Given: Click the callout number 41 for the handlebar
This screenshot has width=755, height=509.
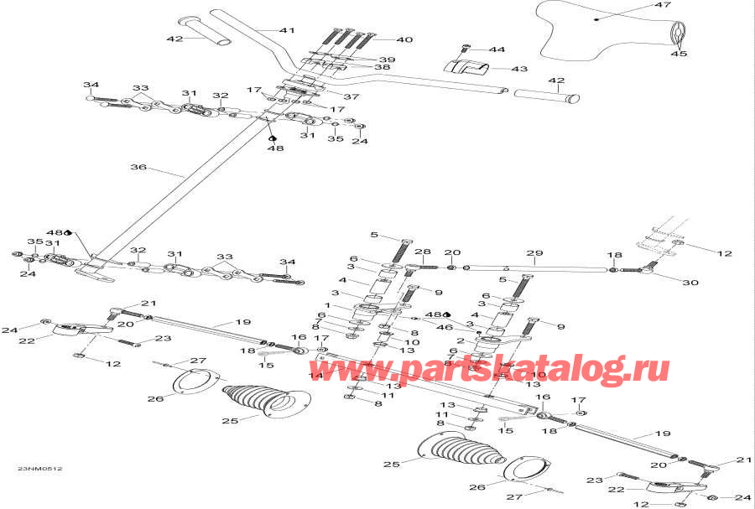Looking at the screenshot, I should [288, 30].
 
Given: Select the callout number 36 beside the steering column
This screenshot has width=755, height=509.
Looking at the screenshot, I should [138, 168].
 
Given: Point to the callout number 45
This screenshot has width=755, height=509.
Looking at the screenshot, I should [678, 54].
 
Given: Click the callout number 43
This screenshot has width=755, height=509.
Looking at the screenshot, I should [519, 69].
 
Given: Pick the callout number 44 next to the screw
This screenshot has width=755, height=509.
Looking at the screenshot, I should [497, 50].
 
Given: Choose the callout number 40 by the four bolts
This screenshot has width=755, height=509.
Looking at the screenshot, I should [404, 39].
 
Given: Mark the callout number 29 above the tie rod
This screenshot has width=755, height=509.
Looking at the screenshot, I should [534, 253].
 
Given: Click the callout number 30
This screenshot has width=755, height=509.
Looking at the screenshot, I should [690, 283].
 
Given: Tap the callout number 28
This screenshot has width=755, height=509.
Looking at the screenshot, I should [422, 252].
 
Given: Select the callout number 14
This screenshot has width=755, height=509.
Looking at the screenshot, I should [316, 377].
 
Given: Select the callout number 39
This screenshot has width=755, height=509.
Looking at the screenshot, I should [386, 60].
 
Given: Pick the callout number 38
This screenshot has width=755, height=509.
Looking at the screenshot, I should [383, 68].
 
